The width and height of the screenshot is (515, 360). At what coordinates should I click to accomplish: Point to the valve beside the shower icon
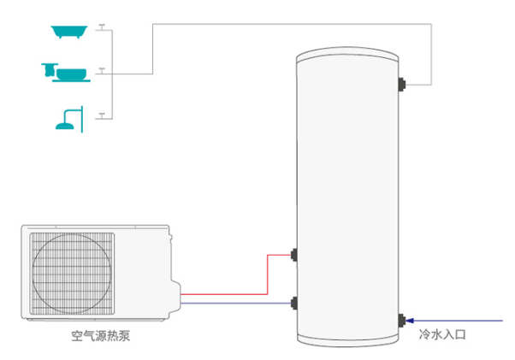click(x=102, y=113)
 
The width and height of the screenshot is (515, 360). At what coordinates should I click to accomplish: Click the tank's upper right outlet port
click(x=402, y=84)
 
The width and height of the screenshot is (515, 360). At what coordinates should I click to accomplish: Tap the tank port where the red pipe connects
click(x=294, y=254)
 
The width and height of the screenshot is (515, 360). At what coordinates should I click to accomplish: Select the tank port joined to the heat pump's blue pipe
click(x=294, y=303)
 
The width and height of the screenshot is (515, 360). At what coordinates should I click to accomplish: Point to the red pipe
click(x=267, y=274)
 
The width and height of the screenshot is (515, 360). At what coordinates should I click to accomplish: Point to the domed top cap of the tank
click(x=347, y=57)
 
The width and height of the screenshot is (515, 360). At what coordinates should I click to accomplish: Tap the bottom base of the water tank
click(x=347, y=339)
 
